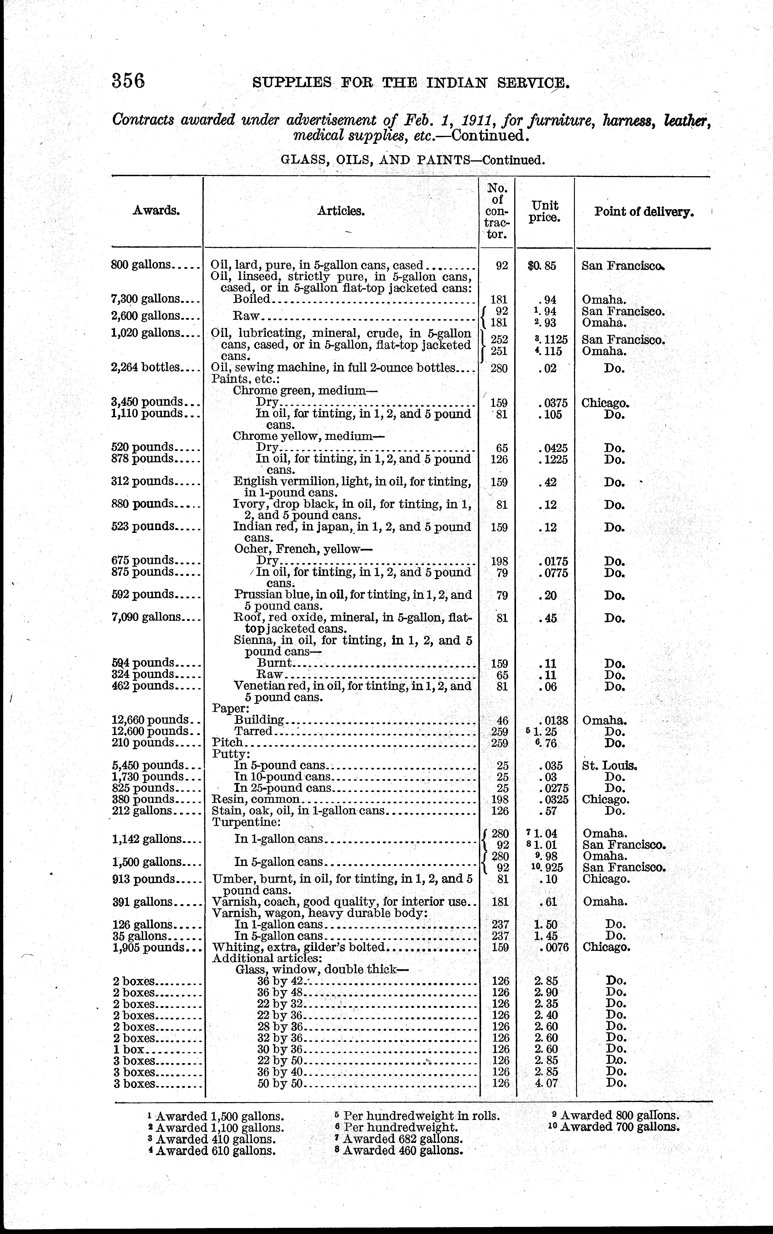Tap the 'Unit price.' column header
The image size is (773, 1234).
coord(545,211)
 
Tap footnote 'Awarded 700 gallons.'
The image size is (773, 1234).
coord(620,1127)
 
